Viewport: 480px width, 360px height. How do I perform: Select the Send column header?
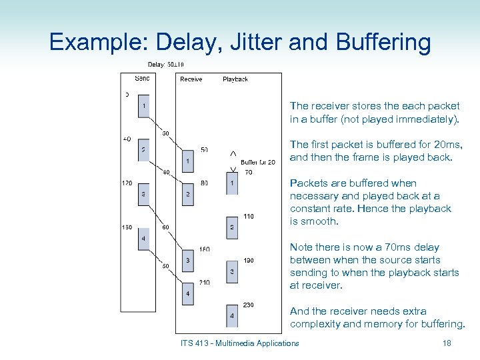coord(142,78)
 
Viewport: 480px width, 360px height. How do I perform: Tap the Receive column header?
coord(191,79)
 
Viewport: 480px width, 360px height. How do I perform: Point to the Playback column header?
coord(235,79)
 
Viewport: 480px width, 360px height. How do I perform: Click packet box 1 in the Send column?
coord(144,106)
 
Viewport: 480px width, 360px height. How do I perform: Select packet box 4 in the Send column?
coord(144,239)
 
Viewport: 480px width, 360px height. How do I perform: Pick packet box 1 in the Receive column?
coord(188,161)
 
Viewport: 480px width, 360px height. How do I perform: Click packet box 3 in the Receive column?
coord(188,261)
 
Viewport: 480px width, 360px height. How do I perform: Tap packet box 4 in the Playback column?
coord(232,315)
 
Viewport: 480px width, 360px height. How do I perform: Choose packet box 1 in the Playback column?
coord(232,183)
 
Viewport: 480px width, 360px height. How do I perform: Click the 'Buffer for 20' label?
coord(258,163)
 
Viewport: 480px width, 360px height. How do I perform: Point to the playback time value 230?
coord(248,305)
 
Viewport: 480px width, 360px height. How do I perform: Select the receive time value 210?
coord(204,282)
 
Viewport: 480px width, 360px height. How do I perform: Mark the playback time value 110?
coord(248,216)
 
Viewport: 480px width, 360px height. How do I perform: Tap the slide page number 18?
coord(447,343)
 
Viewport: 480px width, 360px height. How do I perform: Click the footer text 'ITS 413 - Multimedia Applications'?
coord(239,343)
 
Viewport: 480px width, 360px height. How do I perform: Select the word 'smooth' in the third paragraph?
coord(318,221)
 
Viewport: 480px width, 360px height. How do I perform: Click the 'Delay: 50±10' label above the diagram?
coord(165,65)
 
